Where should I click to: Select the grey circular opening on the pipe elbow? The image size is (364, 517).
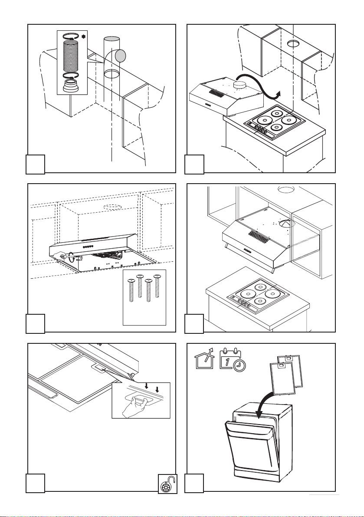pyautogui.click(x=120, y=56)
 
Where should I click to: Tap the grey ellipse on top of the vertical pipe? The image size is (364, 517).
pyautogui.click(x=111, y=39)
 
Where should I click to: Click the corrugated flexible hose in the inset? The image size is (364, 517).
pyautogui.click(x=70, y=56)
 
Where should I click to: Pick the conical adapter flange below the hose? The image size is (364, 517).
pyautogui.click(x=70, y=86)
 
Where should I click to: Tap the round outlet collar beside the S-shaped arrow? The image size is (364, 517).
pyautogui.click(x=239, y=85)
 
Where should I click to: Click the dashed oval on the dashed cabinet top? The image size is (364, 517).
pyautogui.click(x=111, y=207)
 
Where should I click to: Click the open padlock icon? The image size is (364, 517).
pyautogui.click(x=167, y=484)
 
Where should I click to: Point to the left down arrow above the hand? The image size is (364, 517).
pyautogui.click(x=146, y=386)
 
